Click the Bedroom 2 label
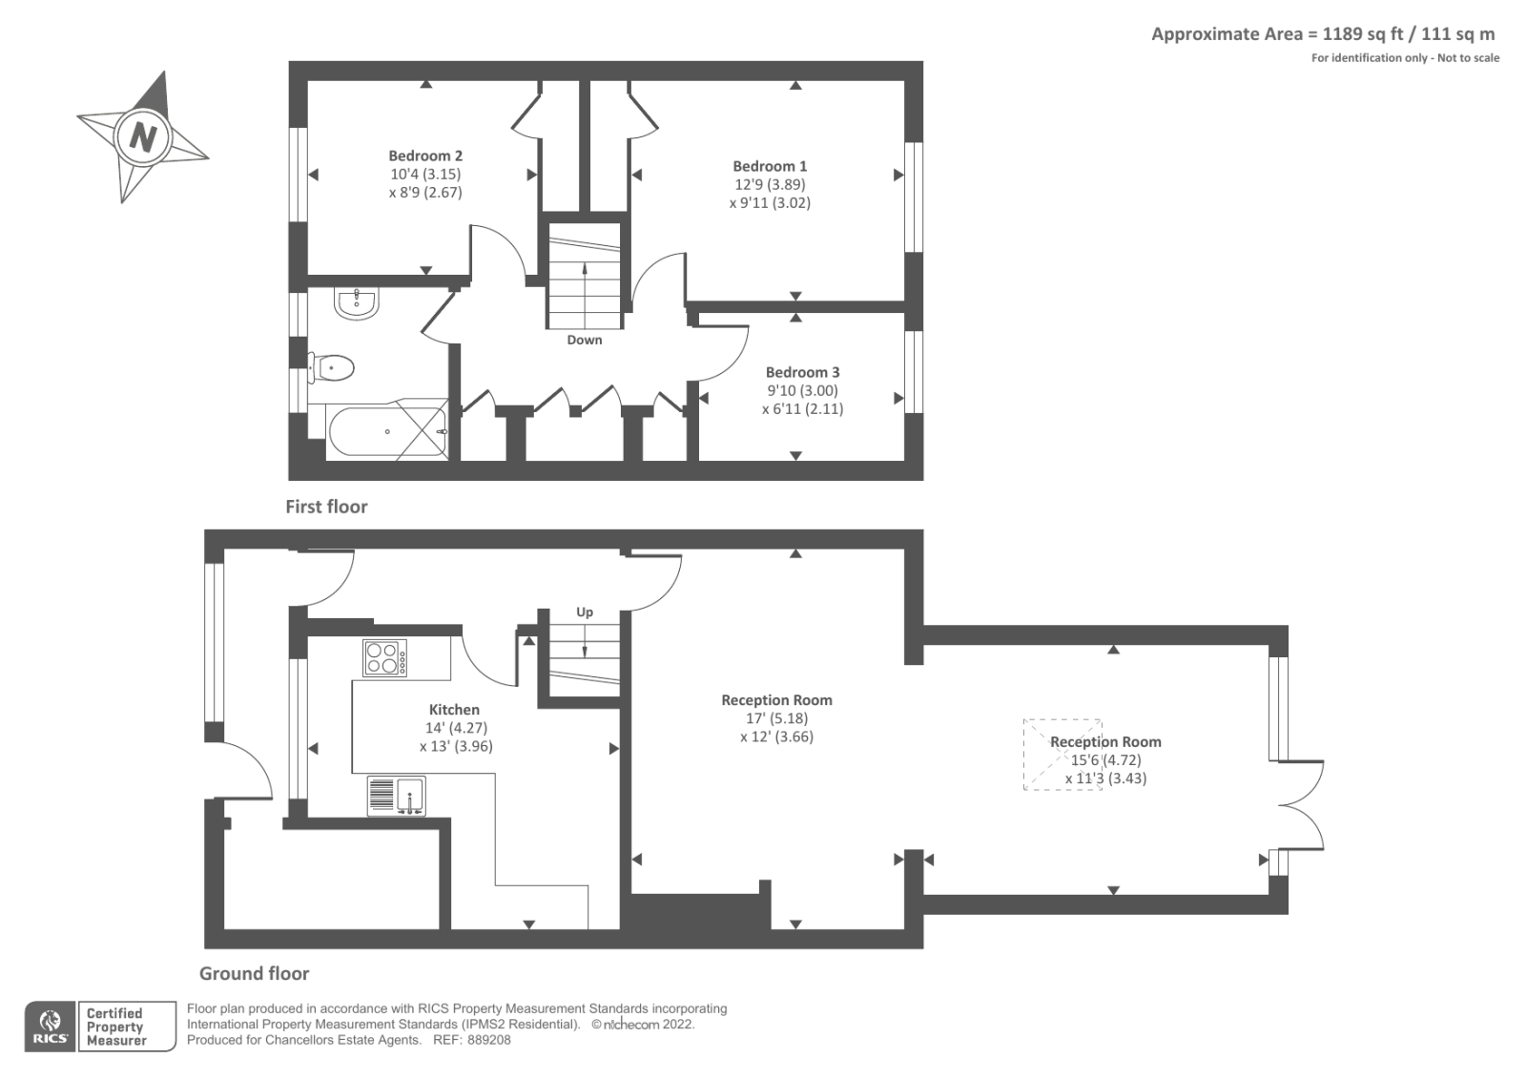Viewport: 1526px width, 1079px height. [425, 156]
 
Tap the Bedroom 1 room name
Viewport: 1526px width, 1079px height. [770, 166]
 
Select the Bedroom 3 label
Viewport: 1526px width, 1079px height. [802, 372]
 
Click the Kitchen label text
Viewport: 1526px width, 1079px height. [454, 710]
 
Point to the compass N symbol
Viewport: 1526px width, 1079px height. [143, 136]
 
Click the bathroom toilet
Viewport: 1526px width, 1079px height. [332, 367]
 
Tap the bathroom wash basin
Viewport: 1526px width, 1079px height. [357, 303]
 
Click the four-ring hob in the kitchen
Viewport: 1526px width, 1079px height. [384, 658]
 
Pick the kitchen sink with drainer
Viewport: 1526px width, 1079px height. [396, 796]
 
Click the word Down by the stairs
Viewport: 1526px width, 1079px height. [585, 340]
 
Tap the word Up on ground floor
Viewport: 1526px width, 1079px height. [585, 612]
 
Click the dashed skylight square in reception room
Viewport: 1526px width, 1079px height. [1062, 754]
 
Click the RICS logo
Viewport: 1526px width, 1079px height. [50, 1027]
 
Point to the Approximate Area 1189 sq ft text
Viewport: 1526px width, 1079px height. [1322, 34]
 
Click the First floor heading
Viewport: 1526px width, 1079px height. [326, 507]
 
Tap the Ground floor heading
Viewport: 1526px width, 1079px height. [254, 974]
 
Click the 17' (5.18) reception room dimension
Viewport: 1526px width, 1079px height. [776, 718]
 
